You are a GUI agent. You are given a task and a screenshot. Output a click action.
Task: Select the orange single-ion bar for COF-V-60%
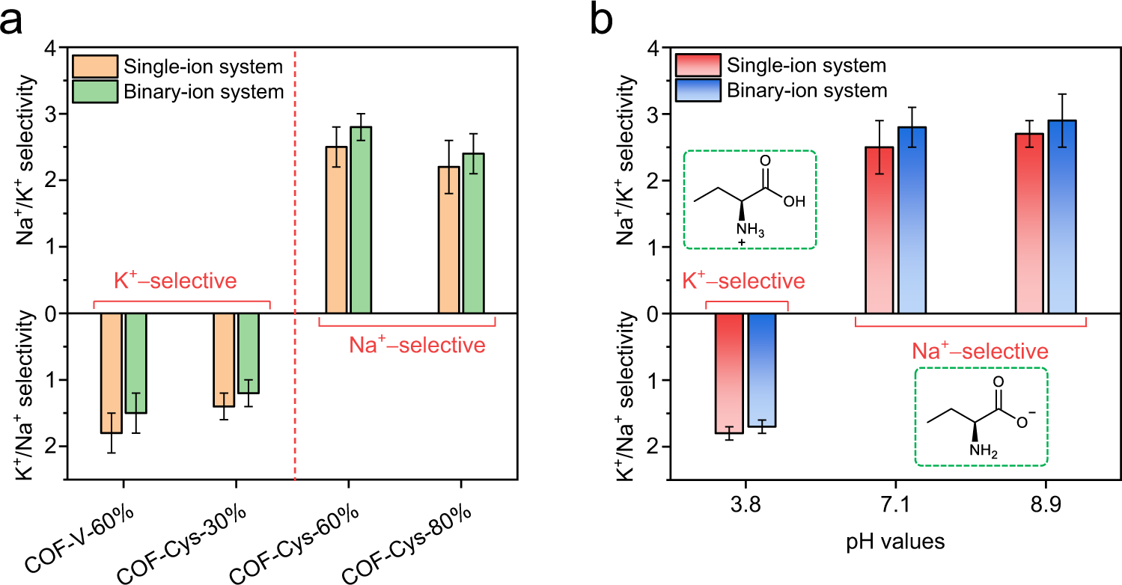[x=112, y=373]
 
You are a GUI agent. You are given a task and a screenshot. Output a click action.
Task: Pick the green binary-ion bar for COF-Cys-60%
[x=360, y=220]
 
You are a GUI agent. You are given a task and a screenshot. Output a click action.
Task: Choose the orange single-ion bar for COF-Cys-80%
[x=449, y=239]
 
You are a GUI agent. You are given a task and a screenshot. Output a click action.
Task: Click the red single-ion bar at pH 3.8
[x=729, y=373]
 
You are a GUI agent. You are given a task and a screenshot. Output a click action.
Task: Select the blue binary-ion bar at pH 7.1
[x=912, y=220]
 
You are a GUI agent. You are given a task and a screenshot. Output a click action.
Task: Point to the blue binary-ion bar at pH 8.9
[x=1062, y=217]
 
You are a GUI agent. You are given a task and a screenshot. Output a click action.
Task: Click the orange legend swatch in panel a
[x=94, y=67]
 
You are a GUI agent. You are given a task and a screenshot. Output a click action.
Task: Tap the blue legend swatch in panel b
[x=698, y=90]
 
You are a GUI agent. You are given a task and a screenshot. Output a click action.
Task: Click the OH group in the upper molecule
[x=796, y=200]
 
